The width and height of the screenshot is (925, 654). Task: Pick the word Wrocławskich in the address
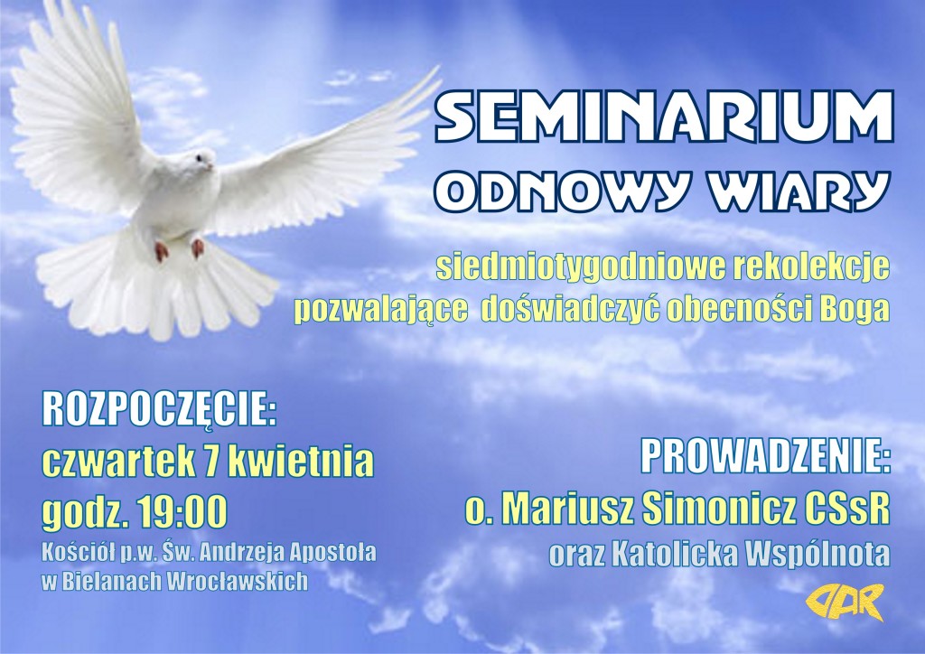click(x=238, y=581)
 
